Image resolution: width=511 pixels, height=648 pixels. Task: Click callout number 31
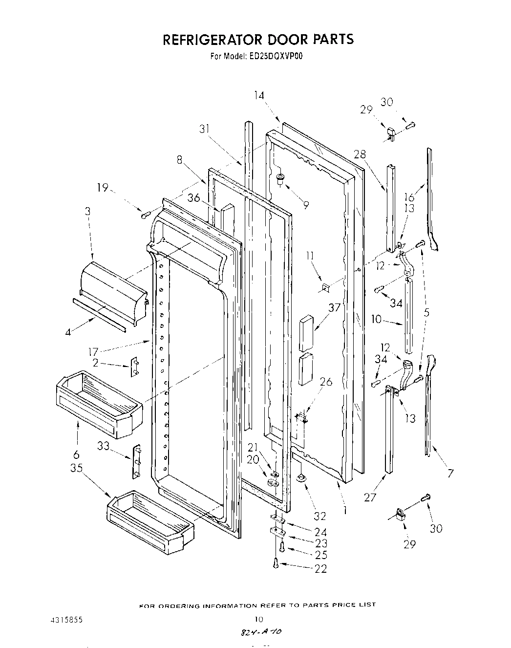pos(205,129)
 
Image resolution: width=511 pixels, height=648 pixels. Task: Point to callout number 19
pos(103,187)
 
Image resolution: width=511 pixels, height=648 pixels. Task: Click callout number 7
pos(450,473)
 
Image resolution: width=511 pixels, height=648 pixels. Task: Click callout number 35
pos(76,467)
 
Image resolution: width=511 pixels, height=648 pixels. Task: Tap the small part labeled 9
pos(280,179)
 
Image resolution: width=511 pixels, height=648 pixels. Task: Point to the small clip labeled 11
pos(324,287)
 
